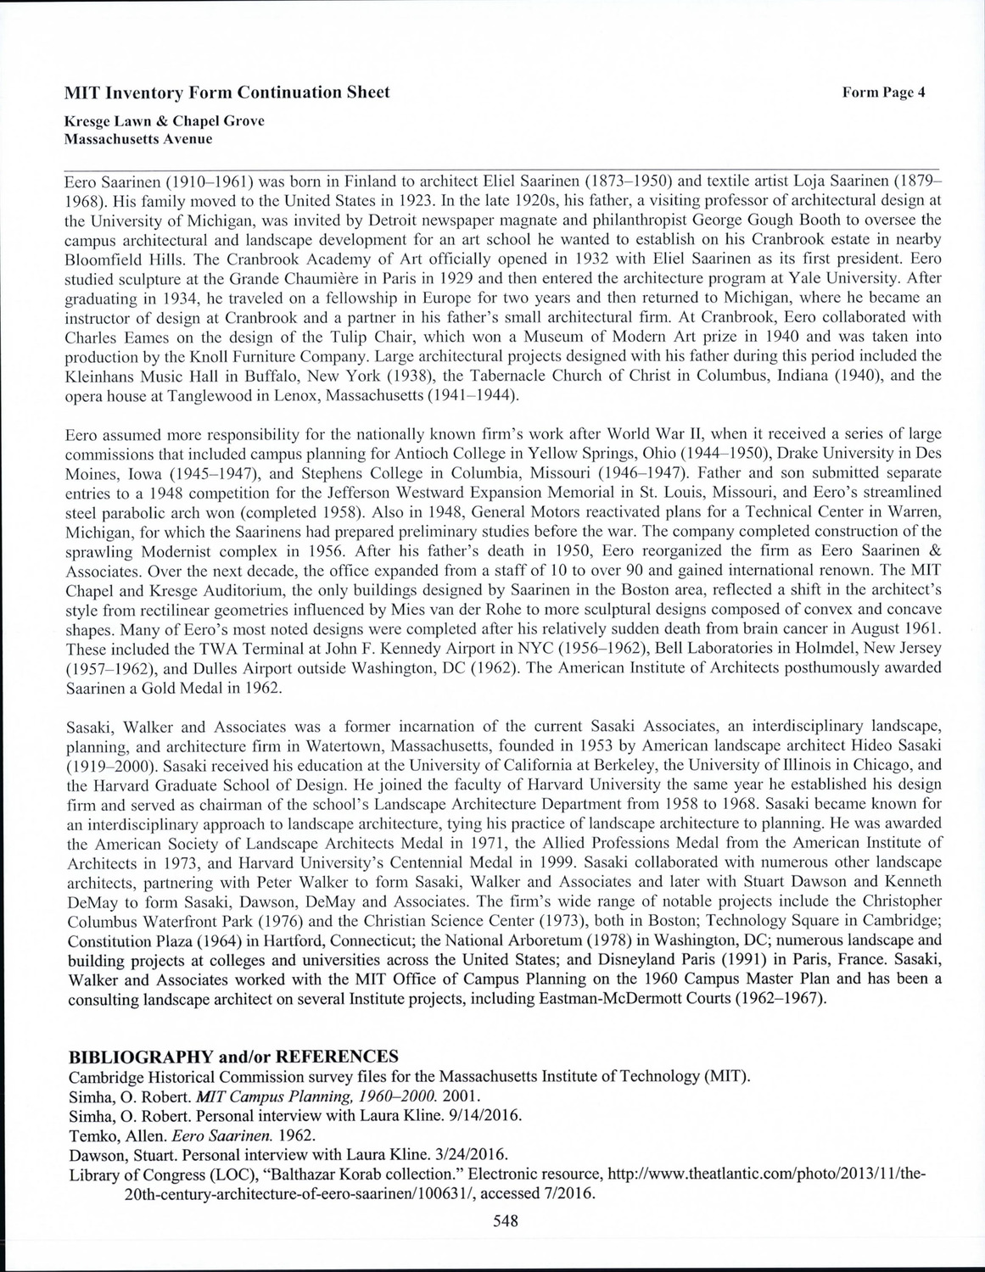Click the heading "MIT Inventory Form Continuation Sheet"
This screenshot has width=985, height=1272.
(227, 92)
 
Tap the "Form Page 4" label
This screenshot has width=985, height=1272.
(883, 92)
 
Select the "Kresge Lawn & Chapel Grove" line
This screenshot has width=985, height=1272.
(165, 121)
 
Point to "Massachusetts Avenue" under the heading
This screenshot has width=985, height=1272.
(138, 138)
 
